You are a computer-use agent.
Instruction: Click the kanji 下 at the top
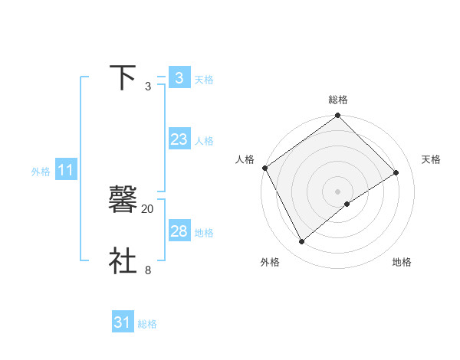[x=123, y=78]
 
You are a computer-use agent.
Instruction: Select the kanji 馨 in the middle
[x=123, y=200]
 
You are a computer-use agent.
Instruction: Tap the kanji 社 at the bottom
[x=123, y=260]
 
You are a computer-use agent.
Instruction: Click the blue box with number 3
[x=179, y=78]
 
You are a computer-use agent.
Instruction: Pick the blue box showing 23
[x=179, y=139]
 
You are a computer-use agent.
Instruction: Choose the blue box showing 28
[x=179, y=231]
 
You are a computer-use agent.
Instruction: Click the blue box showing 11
[x=65, y=171]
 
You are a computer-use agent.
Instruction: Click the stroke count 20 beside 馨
[x=147, y=208]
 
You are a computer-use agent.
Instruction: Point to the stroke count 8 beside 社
[x=148, y=270]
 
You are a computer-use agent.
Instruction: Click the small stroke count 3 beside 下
[x=148, y=87]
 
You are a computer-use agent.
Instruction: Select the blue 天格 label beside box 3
[x=204, y=80]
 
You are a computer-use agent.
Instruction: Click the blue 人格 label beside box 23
[x=204, y=141]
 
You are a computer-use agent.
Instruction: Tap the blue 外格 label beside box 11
[x=41, y=172]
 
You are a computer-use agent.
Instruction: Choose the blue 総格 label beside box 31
[x=147, y=324]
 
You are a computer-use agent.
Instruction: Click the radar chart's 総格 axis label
[x=338, y=100]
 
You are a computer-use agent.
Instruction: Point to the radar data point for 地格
[x=347, y=204]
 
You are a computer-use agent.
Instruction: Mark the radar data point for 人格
[x=264, y=168]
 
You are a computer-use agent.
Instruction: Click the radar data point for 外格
[x=302, y=242]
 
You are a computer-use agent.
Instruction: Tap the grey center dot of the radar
[x=338, y=191]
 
